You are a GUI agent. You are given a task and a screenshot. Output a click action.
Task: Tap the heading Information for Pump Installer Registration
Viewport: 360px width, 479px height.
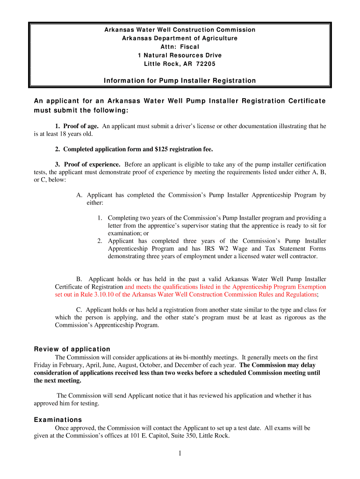click(x=180, y=81)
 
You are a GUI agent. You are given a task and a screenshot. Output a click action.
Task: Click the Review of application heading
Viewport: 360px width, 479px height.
click(x=72, y=349)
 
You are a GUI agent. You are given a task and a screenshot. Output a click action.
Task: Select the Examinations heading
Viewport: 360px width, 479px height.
click(x=58, y=420)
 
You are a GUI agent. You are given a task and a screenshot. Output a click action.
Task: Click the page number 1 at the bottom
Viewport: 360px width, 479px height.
click(x=180, y=453)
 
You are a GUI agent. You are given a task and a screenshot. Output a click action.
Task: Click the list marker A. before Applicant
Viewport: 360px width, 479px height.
click(x=79, y=195)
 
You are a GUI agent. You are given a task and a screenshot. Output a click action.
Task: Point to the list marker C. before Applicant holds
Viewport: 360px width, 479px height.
click(x=80, y=310)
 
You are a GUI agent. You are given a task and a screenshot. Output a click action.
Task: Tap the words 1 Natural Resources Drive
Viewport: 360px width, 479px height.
click(x=180, y=55)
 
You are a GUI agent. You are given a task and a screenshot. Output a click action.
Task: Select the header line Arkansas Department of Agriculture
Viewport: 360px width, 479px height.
click(x=180, y=38)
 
